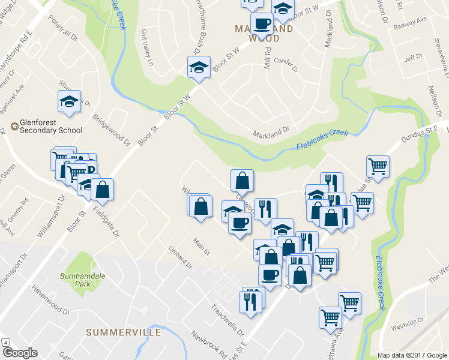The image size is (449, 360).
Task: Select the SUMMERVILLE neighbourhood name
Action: [123, 332]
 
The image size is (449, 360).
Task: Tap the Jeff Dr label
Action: [414, 58]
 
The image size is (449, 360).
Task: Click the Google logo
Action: [19, 353]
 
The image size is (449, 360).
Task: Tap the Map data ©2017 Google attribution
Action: [412, 355]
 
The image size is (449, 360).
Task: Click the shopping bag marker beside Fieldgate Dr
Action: [103, 190]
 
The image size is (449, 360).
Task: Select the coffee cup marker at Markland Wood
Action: [261, 25]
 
